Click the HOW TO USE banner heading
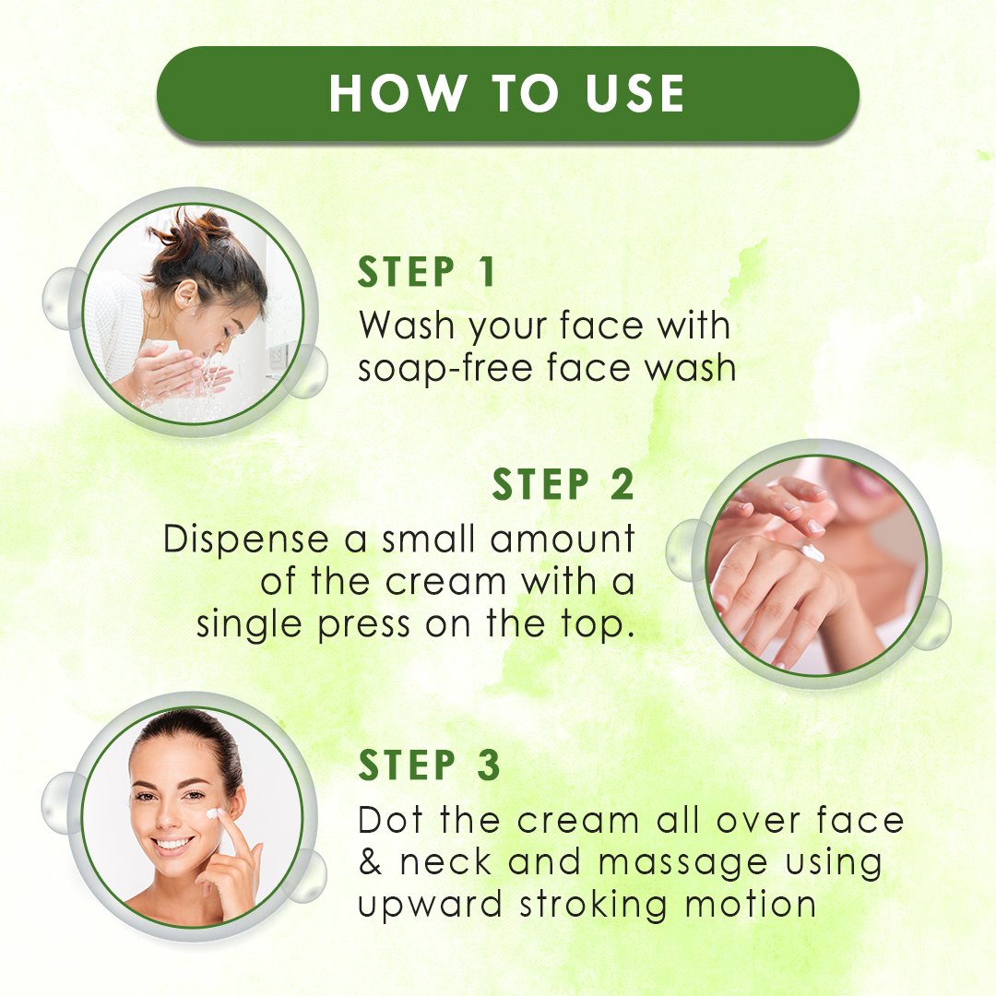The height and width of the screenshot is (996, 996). click(507, 93)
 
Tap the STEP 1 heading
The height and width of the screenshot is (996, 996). click(426, 272)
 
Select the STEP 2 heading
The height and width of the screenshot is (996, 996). click(563, 485)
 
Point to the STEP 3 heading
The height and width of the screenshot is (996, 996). click(430, 765)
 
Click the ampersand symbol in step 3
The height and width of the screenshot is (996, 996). click(370, 862)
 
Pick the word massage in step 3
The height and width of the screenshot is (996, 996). click(682, 864)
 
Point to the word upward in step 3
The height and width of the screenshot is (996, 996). click(430, 906)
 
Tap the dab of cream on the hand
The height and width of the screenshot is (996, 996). click(812, 552)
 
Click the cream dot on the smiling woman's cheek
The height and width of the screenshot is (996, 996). click(212, 813)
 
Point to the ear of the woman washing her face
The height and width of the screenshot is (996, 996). click(186, 294)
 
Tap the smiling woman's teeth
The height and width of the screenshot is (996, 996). click(172, 844)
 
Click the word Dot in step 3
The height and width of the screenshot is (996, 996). click(390, 820)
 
